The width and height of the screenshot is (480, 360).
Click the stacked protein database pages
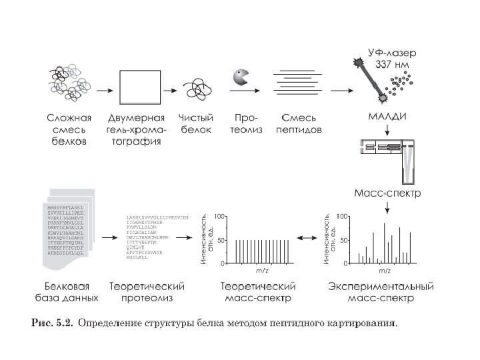pyautogui.click(x=69, y=233)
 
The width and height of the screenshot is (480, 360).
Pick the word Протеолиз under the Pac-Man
pyautogui.click(x=247, y=123)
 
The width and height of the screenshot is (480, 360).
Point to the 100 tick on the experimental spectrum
pyautogui.click(x=342, y=217)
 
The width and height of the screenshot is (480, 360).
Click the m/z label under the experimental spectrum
pyautogui.click(x=384, y=271)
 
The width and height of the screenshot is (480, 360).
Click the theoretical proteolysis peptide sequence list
pyautogui.click(x=157, y=237)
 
